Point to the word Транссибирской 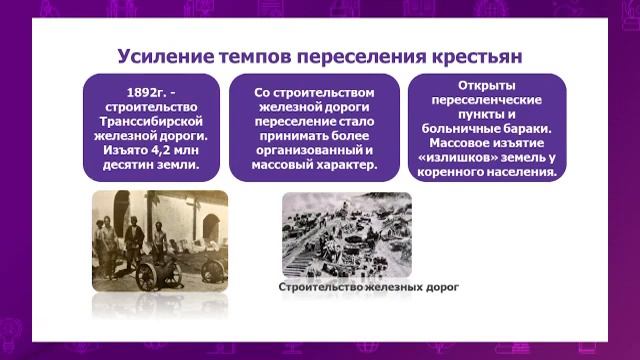151,123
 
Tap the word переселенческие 487,101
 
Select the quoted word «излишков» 463,158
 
